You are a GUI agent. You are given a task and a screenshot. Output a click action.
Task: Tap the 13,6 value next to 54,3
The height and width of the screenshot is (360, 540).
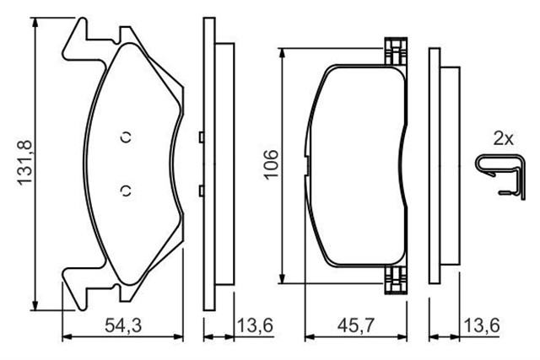coord(254,324)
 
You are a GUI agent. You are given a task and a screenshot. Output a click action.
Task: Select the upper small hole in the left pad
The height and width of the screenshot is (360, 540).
coord(126,138)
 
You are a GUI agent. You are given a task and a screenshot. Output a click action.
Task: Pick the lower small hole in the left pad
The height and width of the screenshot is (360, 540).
coord(126,189)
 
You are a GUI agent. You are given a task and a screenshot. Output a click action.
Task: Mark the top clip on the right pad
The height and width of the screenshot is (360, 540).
coord(394,52)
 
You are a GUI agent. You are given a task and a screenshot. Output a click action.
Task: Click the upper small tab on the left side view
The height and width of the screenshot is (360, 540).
coord(199,137)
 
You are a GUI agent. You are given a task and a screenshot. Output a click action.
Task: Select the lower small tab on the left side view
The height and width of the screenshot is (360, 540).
coord(199,190)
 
